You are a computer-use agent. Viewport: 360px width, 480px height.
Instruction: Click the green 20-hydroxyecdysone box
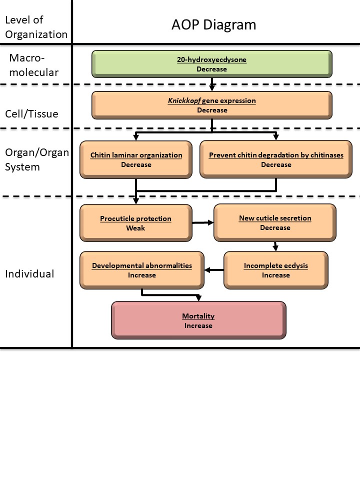(x=211, y=64)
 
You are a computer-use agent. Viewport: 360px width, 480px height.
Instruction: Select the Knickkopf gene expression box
(x=211, y=105)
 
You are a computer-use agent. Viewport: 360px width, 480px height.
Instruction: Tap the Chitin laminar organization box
(x=136, y=159)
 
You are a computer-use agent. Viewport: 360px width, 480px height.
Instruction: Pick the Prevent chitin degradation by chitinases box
(x=276, y=159)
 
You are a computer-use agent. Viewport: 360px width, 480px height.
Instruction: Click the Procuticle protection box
(x=135, y=222)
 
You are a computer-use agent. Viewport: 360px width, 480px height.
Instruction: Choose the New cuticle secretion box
(x=275, y=222)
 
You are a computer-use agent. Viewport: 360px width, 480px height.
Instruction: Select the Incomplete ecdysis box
(x=276, y=270)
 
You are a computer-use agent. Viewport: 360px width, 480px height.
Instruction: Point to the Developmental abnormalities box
(x=142, y=270)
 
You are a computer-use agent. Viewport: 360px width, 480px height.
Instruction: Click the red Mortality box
(x=198, y=320)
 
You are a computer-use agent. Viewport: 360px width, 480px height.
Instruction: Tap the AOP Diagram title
(x=214, y=24)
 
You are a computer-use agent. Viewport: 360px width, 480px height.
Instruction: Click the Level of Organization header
(x=35, y=27)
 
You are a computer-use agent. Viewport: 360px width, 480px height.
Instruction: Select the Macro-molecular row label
(x=33, y=65)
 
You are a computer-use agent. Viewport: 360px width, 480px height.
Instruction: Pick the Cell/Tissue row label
(x=31, y=113)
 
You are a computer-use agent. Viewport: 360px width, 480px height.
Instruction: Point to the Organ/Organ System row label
(x=36, y=159)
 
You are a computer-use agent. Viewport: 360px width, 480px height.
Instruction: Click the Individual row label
(x=29, y=274)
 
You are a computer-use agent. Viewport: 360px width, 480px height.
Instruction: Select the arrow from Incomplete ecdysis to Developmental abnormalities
(x=214, y=270)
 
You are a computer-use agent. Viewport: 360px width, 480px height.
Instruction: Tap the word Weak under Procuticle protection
(x=135, y=228)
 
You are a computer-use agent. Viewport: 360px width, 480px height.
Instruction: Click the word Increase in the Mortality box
(x=198, y=325)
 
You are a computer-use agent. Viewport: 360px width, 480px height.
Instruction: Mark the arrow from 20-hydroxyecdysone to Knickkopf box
(x=212, y=83)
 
